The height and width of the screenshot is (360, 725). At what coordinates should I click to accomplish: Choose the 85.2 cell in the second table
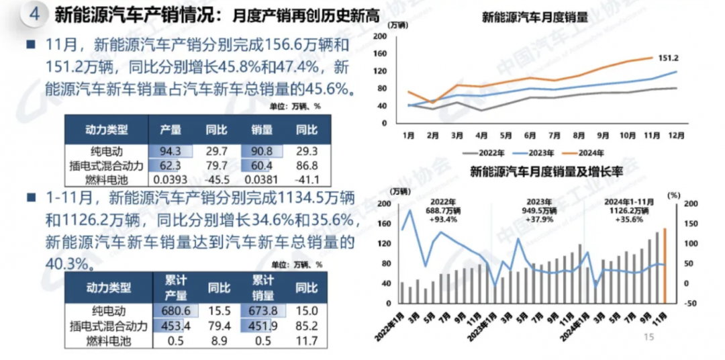(x=307, y=326)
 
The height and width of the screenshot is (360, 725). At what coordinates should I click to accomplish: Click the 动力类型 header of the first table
(x=107, y=129)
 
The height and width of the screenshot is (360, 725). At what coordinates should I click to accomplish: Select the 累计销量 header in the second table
(x=262, y=287)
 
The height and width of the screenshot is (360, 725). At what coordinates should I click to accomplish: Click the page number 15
(x=648, y=337)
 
